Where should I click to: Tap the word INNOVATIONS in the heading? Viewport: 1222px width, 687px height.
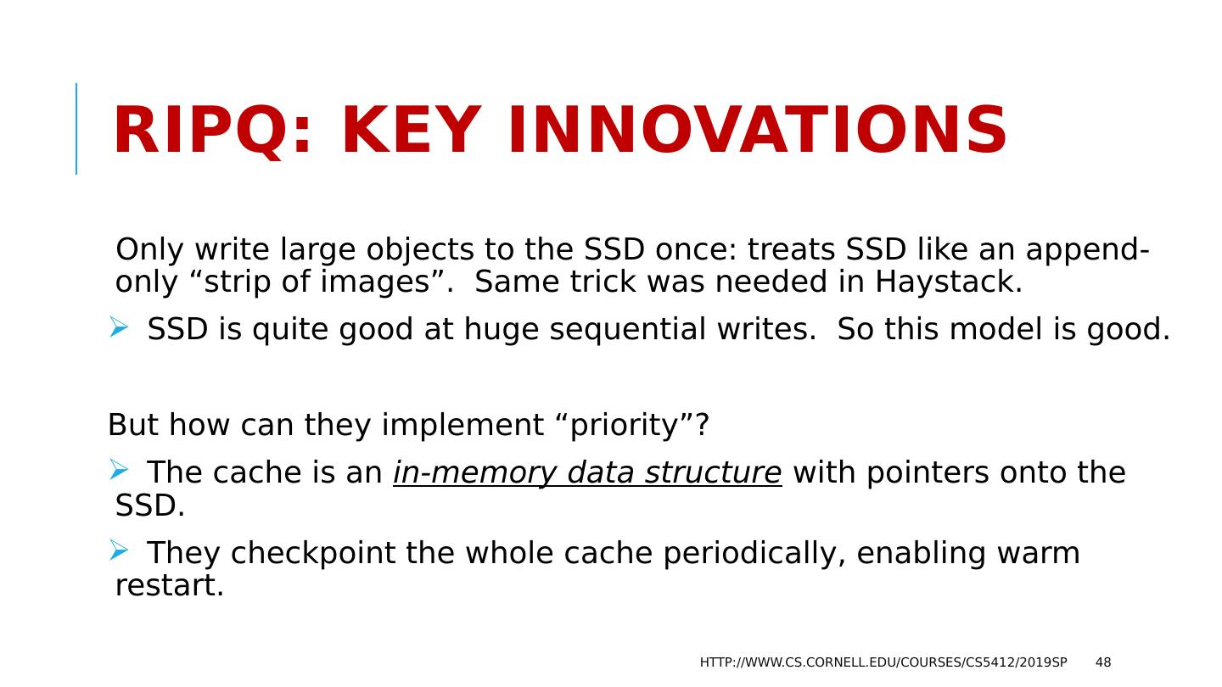(x=757, y=131)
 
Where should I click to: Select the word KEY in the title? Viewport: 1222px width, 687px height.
(x=412, y=131)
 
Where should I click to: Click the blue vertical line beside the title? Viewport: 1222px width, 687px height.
(x=76, y=129)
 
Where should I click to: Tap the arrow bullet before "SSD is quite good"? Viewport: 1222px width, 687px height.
(x=119, y=327)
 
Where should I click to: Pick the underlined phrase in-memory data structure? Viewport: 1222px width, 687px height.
(x=587, y=472)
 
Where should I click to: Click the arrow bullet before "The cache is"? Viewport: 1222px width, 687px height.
(x=119, y=470)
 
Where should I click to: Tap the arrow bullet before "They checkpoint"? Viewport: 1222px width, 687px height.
(x=119, y=550)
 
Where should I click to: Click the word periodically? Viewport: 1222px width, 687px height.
(x=754, y=554)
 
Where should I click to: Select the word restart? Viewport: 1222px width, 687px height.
(x=170, y=586)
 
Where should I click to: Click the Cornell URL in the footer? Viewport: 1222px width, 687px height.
(x=883, y=662)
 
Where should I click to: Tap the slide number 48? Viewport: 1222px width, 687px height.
(x=1103, y=662)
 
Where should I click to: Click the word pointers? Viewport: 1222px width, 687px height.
(x=927, y=473)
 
